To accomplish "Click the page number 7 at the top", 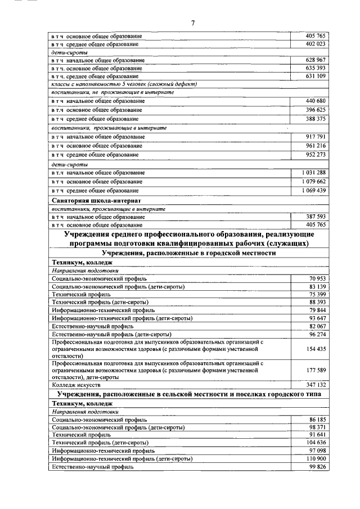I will click(192, 23).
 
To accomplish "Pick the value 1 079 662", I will click(313, 182).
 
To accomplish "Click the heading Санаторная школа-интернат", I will click(96, 200).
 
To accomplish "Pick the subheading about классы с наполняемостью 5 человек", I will click(123, 84).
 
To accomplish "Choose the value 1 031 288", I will click(313, 172).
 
